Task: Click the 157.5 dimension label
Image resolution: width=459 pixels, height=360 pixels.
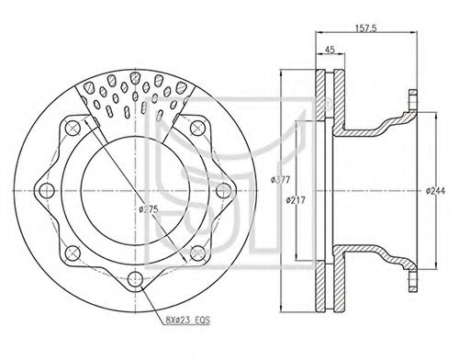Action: coord(365,28)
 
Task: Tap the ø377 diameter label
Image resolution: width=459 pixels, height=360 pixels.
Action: coord(280,180)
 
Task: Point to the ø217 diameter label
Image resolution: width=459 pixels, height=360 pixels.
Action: coord(296,200)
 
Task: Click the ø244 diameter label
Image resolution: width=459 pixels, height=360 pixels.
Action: coord(436,191)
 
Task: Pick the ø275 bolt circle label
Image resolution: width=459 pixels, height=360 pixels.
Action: coord(149,209)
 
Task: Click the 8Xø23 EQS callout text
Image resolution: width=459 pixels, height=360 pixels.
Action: coord(187,321)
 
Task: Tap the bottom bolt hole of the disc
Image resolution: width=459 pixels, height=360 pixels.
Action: coord(135,278)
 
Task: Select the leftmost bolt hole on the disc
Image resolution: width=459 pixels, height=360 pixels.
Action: coord(47,191)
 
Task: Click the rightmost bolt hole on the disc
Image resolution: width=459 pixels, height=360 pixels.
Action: coord(223,191)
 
